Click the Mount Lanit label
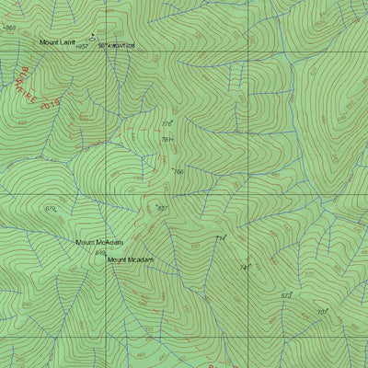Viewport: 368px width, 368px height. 56,42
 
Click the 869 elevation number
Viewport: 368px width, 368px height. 11,28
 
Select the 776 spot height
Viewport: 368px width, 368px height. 167,123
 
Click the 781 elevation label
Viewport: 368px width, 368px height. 167,140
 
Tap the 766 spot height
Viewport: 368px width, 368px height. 178,171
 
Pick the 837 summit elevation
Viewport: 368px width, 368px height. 163,209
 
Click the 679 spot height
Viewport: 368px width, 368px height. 51,209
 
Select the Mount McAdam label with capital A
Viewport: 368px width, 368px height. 98,243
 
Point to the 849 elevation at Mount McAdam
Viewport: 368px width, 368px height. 100,252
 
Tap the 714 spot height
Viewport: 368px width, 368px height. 220,238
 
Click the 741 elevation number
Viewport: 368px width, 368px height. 244,268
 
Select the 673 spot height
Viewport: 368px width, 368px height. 286,295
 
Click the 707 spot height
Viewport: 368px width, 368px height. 322,312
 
